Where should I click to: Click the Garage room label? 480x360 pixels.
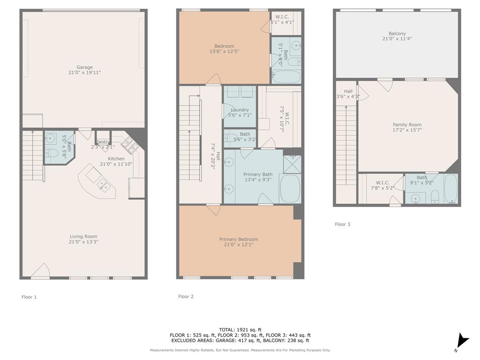[x=84, y=67]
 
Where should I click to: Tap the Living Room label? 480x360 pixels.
[x=83, y=236]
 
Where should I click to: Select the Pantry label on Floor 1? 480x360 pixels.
[x=103, y=142]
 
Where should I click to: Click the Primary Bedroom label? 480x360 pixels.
[x=239, y=239]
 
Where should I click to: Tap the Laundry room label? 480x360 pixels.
[x=240, y=110]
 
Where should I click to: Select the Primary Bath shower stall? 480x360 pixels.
[x=292, y=165]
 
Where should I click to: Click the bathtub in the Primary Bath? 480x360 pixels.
[x=290, y=188]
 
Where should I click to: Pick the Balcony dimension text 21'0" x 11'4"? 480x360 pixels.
[x=397, y=38]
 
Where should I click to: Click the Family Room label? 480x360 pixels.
[x=407, y=125]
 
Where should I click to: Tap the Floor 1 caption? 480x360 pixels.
[x=29, y=297]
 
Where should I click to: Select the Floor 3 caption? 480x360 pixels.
[x=342, y=224]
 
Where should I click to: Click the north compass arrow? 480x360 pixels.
[x=463, y=341]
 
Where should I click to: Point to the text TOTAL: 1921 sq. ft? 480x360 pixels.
[x=240, y=330]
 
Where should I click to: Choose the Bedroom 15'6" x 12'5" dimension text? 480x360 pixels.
[x=224, y=52]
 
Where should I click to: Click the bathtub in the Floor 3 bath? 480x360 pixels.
[x=450, y=188]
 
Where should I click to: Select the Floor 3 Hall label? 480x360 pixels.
[x=348, y=91]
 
